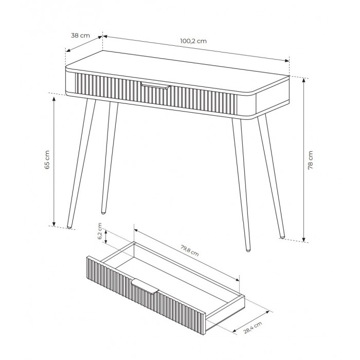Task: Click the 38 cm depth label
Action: point(80,35)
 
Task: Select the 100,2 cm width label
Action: point(193,41)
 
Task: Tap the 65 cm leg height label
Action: point(47,160)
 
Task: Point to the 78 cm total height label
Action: point(310,160)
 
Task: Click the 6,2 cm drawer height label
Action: point(100,231)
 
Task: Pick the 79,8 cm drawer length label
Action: point(190,250)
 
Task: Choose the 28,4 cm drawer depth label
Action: point(253,328)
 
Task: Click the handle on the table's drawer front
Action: point(155,85)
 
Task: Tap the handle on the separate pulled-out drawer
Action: point(145,286)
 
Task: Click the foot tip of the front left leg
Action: point(69,227)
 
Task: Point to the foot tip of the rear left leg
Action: point(103,212)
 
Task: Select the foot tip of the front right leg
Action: point(248,250)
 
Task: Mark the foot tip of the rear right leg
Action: point(282,237)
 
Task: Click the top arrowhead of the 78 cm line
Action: point(304,80)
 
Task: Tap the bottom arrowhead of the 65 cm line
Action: point(54,224)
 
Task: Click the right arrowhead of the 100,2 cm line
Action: point(287,61)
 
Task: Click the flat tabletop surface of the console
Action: point(177,71)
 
